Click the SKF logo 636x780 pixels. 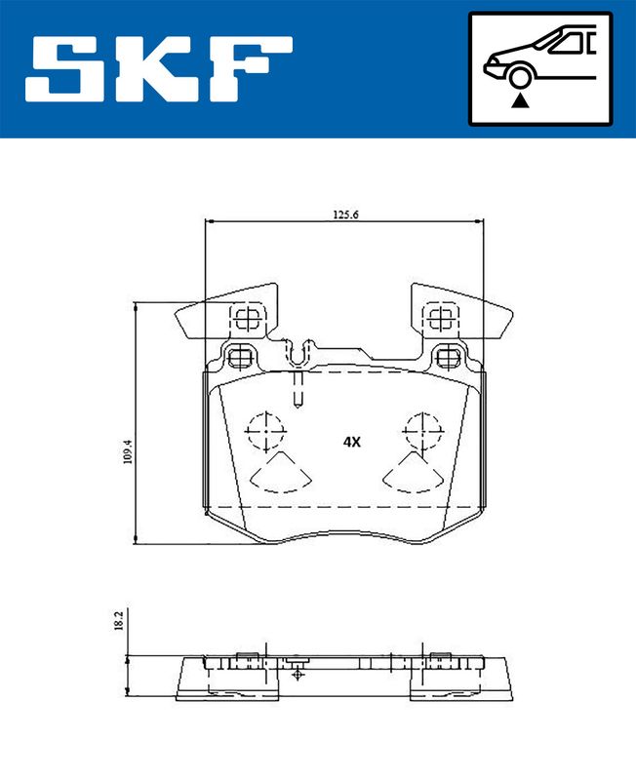[159, 68]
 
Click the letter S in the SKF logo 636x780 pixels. [63, 68]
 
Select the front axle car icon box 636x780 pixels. [540, 68]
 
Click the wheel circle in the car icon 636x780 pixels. [520, 78]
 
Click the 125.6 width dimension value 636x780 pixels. [345, 214]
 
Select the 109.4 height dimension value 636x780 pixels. [128, 451]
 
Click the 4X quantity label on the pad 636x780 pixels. [351, 442]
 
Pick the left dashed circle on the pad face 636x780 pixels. [265, 431]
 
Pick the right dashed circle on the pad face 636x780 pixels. [423, 431]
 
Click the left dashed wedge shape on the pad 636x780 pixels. [281, 473]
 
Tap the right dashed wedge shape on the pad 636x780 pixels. [413, 473]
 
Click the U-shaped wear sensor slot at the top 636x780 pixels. [298, 354]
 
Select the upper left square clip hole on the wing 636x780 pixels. [247, 319]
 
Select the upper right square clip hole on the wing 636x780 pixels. [441, 319]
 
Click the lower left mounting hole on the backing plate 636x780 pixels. [242, 358]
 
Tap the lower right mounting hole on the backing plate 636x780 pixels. [448, 358]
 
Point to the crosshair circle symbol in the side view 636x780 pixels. [298, 674]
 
